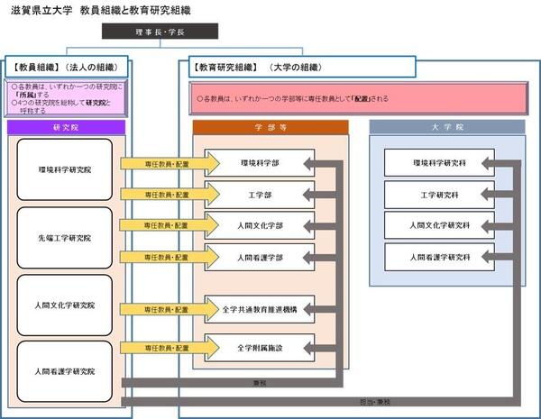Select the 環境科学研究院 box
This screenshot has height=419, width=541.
point(65,169)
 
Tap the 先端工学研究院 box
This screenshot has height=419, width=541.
point(65,237)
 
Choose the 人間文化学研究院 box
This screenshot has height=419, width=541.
point(65,305)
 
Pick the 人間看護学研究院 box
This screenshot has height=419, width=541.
point(65,371)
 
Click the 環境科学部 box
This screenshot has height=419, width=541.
point(259,164)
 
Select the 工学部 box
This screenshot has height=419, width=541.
point(259,194)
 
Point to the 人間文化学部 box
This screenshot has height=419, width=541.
point(259,225)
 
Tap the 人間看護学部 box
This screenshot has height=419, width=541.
point(259,257)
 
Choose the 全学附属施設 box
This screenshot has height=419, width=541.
point(259,347)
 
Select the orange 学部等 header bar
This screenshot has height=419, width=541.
point(270,128)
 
